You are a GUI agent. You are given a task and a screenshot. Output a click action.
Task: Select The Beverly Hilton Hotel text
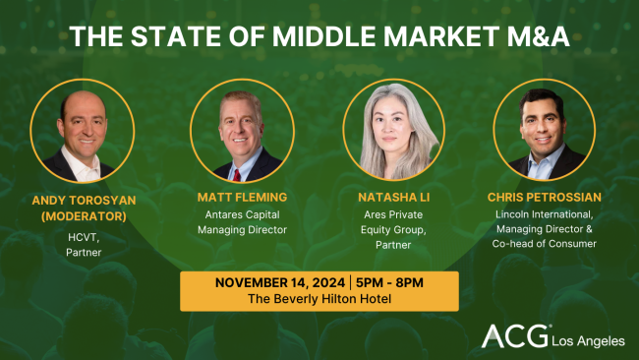click(x=319, y=299)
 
